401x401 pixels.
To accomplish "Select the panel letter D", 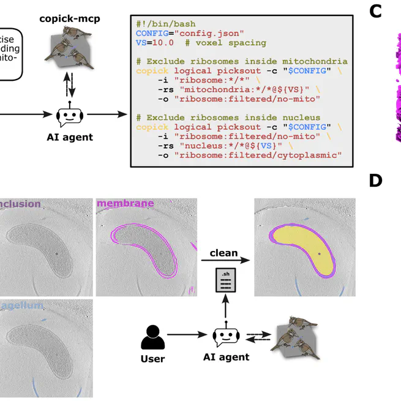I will (x=376, y=181).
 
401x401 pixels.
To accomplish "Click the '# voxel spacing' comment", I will (x=227, y=43).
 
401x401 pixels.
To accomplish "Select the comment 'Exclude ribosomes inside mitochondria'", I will (x=242, y=61).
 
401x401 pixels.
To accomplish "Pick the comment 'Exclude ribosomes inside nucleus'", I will (x=230, y=118).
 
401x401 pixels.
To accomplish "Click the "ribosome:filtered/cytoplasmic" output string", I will (x=257, y=156).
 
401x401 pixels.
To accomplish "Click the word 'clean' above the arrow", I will (x=223, y=253).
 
